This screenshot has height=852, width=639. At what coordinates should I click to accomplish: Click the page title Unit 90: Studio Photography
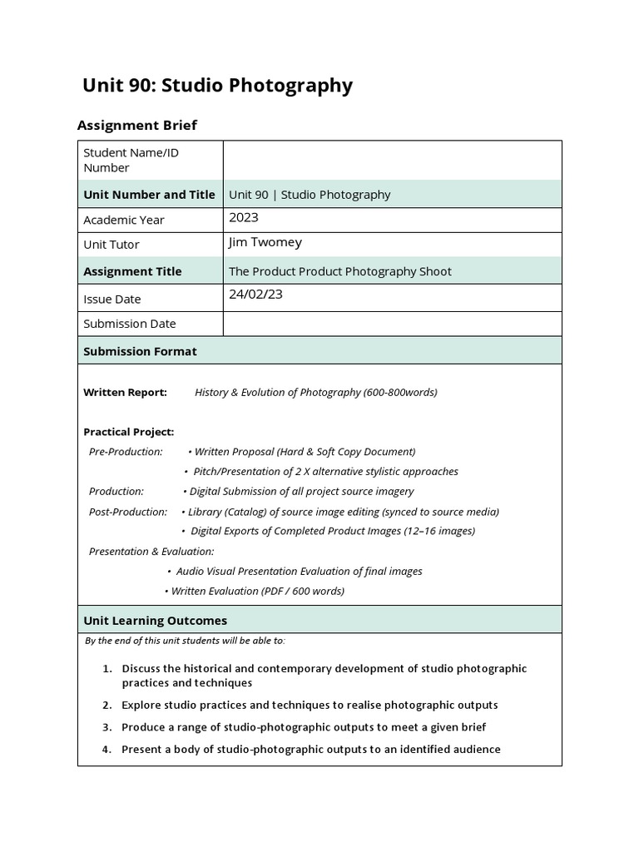pos(217,86)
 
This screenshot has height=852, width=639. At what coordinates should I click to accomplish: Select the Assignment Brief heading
pos(137,126)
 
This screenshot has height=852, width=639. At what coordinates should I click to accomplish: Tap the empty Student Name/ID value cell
pos(392,160)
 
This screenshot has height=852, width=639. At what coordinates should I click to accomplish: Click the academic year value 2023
pos(244,218)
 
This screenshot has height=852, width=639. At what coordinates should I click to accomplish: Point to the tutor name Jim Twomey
pos(265,243)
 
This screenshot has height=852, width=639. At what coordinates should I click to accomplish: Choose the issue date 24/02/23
pos(255,295)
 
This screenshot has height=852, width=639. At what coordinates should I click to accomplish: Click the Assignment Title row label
pos(132,271)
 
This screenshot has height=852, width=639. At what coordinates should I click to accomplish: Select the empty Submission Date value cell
pos(392,324)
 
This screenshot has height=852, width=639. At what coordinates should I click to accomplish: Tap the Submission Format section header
pos(140,351)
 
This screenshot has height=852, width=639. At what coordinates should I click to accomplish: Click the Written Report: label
pos(125,393)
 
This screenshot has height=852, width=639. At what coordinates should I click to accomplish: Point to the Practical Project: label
pos(129,432)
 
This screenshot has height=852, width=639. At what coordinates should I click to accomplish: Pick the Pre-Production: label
pos(126,452)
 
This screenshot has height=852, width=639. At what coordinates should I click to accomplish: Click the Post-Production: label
pos(128,512)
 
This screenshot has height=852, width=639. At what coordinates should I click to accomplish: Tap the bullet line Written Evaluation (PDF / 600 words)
pos(257,592)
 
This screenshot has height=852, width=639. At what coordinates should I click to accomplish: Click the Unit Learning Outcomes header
pos(155,621)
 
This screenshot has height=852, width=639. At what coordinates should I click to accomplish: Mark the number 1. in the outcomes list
pos(107,669)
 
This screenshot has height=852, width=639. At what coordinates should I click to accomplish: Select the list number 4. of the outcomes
pos(107,750)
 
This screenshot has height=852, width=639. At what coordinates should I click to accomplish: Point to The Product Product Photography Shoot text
pos(340,271)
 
